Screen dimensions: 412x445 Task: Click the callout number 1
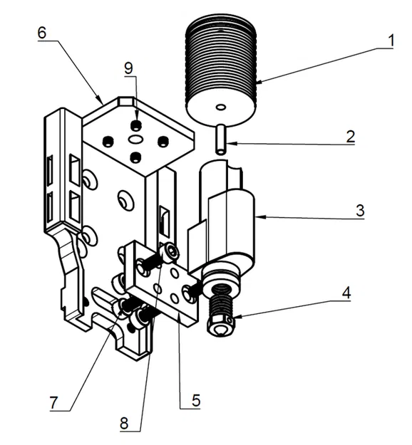click(x=391, y=41)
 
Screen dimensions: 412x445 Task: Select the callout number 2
click(x=350, y=137)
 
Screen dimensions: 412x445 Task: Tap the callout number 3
click(x=359, y=211)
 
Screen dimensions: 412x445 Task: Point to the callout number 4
click(x=346, y=293)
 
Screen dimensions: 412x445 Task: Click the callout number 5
click(x=196, y=400)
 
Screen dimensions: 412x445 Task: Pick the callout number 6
click(x=42, y=33)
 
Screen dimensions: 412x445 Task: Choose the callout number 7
click(x=53, y=402)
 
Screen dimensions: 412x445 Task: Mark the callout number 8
click(x=124, y=424)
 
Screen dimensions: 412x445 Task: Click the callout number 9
click(x=128, y=68)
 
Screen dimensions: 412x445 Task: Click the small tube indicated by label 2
click(x=221, y=140)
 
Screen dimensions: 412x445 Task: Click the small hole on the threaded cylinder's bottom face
click(x=221, y=107)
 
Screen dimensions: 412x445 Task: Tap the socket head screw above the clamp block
click(x=172, y=251)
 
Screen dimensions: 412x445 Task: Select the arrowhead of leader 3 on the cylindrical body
click(x=259, y=217)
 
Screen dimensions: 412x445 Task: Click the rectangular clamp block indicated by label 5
click(x=163, y=284)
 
